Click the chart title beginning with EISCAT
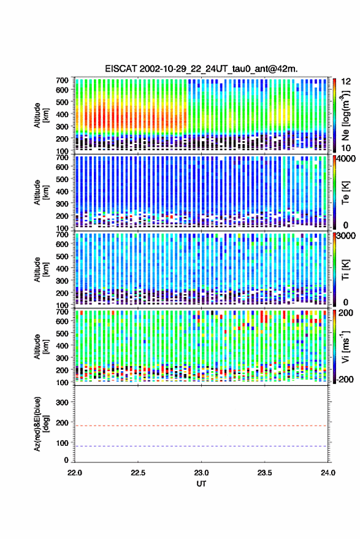202,69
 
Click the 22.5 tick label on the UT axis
138,473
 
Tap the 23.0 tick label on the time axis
201,473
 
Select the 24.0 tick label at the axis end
327,473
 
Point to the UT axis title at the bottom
201,484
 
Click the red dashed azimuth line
202,426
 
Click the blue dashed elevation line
202,446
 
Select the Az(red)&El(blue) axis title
41,424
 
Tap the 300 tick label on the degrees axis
62,402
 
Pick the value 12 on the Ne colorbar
346,82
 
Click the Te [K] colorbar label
345,193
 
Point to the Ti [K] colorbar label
345,270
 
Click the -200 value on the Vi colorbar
345,380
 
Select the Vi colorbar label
345,346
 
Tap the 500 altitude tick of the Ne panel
62,102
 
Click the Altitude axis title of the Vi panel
41,346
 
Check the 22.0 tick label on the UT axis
75,473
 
